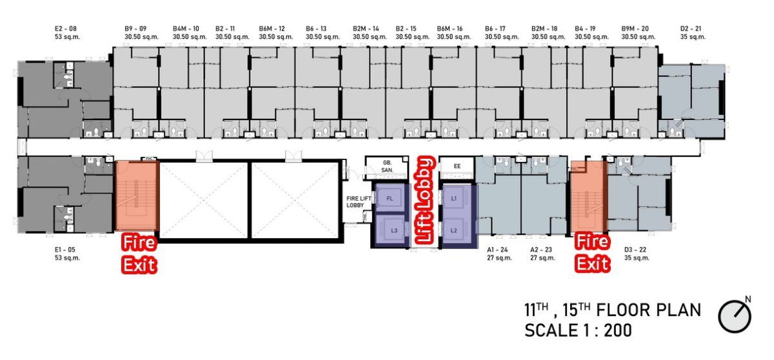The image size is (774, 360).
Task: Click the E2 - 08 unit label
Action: [x=66, y=28]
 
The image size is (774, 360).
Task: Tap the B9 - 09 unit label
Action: [x=135, y=28]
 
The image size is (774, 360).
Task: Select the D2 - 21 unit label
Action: [x=691, y=28]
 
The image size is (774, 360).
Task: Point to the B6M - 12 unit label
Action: [x=272, y=28]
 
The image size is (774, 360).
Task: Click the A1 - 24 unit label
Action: [x=497, y=250]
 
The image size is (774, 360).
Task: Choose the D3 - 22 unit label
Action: [x=635, y=250]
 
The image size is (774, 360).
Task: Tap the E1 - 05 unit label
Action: [x=65, y=250]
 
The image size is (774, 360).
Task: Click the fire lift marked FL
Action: [x=390, y=198]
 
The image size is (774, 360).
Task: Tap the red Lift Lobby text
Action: [x=425, y=201]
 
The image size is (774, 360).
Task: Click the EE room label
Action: [x=457, y=166]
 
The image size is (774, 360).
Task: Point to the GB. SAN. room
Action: [x=388, y=166]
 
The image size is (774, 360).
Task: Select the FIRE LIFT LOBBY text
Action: [x=359, y=202]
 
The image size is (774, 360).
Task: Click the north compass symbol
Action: [x=735, y=315]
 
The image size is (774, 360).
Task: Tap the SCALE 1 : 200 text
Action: [x=578, y=330]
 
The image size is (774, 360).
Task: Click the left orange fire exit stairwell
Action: [x=137, y=195]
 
